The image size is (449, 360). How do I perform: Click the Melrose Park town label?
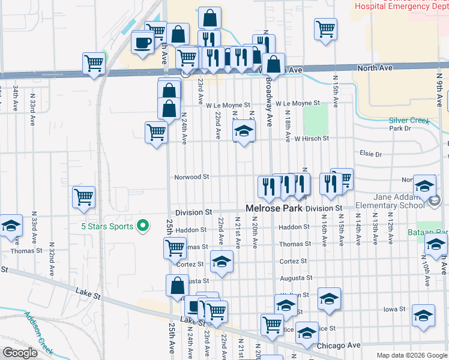[x=274, y=208]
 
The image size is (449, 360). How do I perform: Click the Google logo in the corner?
[x=20, y=353]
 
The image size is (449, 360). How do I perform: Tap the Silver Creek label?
[x=409, y=121]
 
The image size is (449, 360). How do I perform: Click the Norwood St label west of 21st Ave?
[x=191, y=177]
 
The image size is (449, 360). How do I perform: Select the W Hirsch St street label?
[x=312, y=139]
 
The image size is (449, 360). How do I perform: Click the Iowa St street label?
[x=395, y=310]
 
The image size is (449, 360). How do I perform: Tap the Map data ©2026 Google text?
[x=411, y=355]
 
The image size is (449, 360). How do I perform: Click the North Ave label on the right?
[x=375, y=68]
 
